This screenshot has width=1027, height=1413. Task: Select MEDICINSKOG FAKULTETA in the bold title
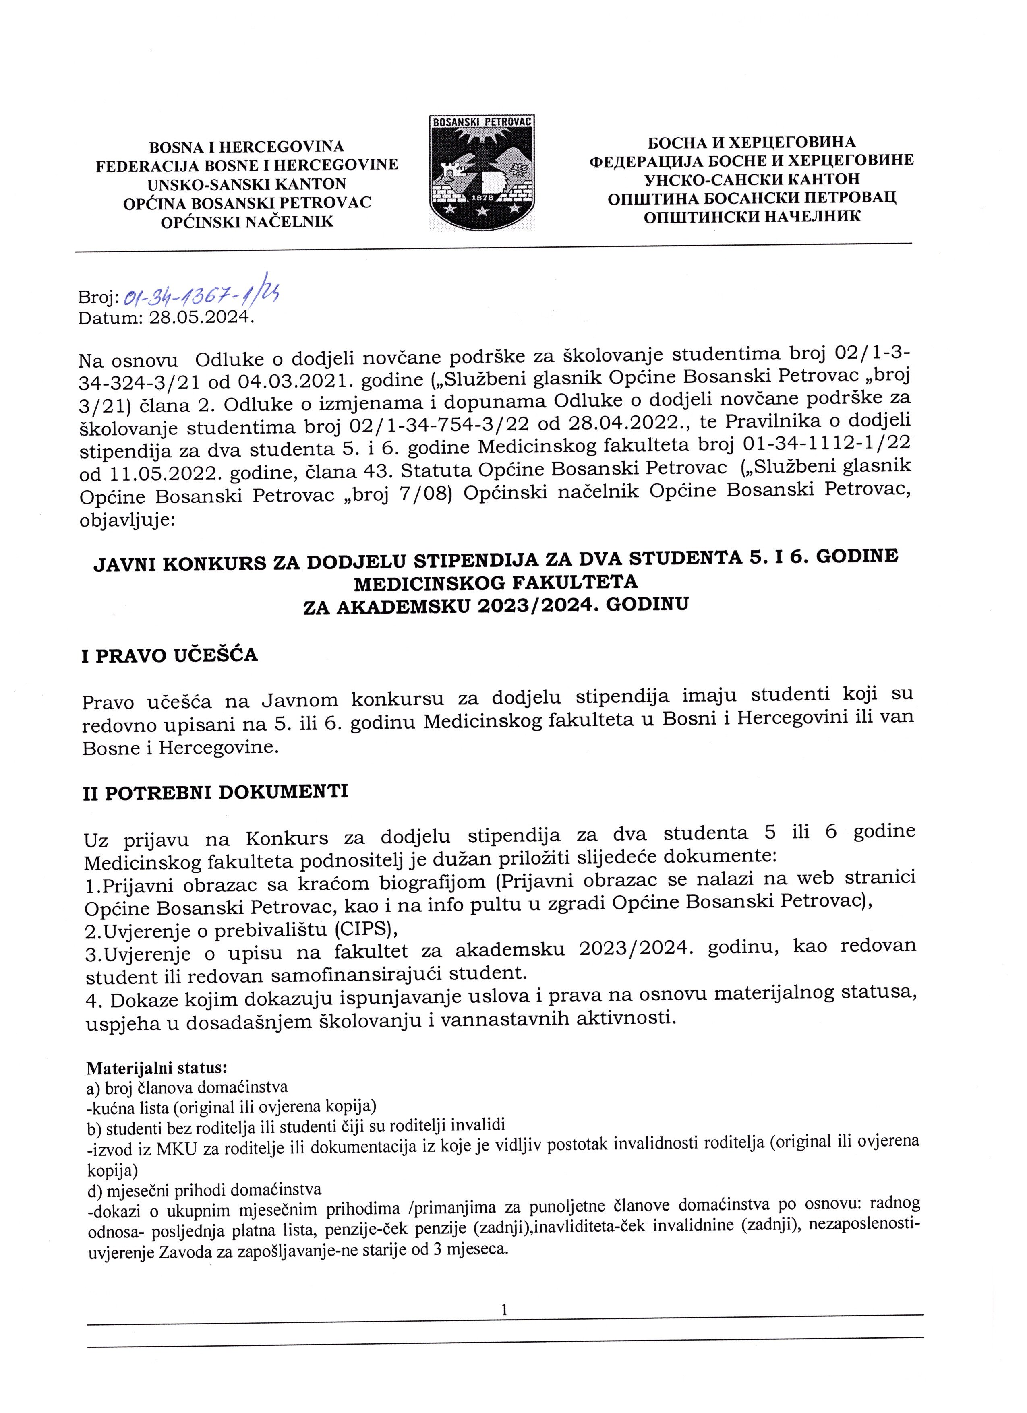pyautogui.click(x=495, y=583)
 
